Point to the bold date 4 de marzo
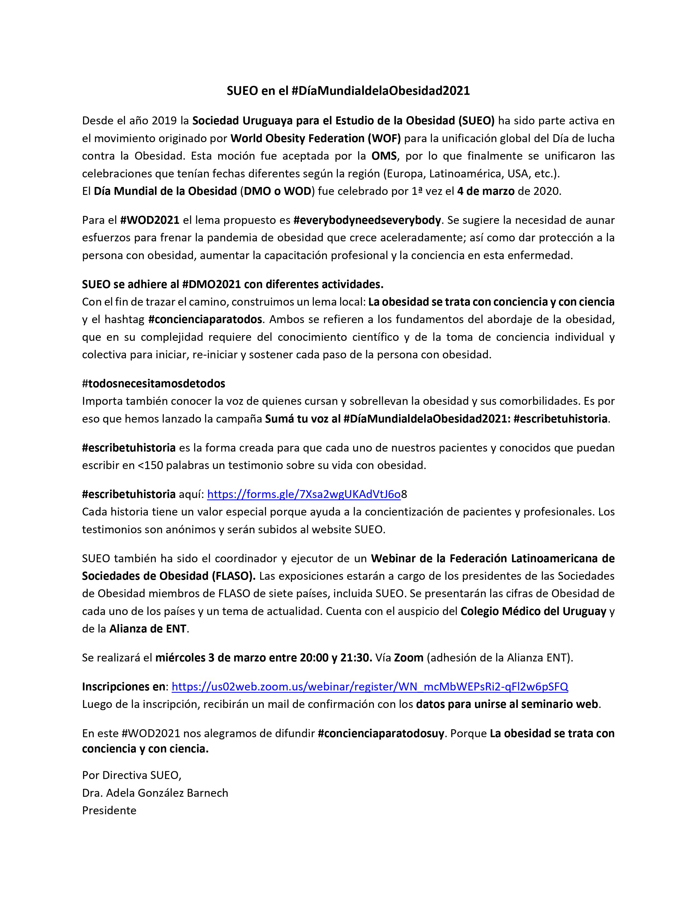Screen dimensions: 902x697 coord(486,192)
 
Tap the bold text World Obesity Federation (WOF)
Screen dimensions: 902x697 coord(315,138)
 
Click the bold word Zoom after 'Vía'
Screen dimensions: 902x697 coord(409,657)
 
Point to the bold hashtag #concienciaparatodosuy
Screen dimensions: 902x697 coord(381,733)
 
